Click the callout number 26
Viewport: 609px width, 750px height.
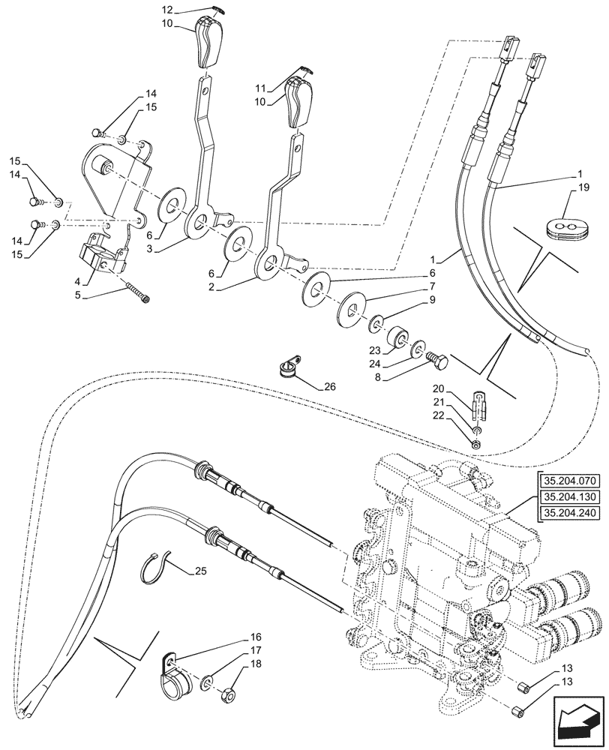pyautogui.click(x=331, y=388)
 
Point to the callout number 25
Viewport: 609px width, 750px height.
pyautogui.click(x=199, y=572)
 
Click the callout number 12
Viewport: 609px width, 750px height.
pyautogui.click(x=167, y=10)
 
